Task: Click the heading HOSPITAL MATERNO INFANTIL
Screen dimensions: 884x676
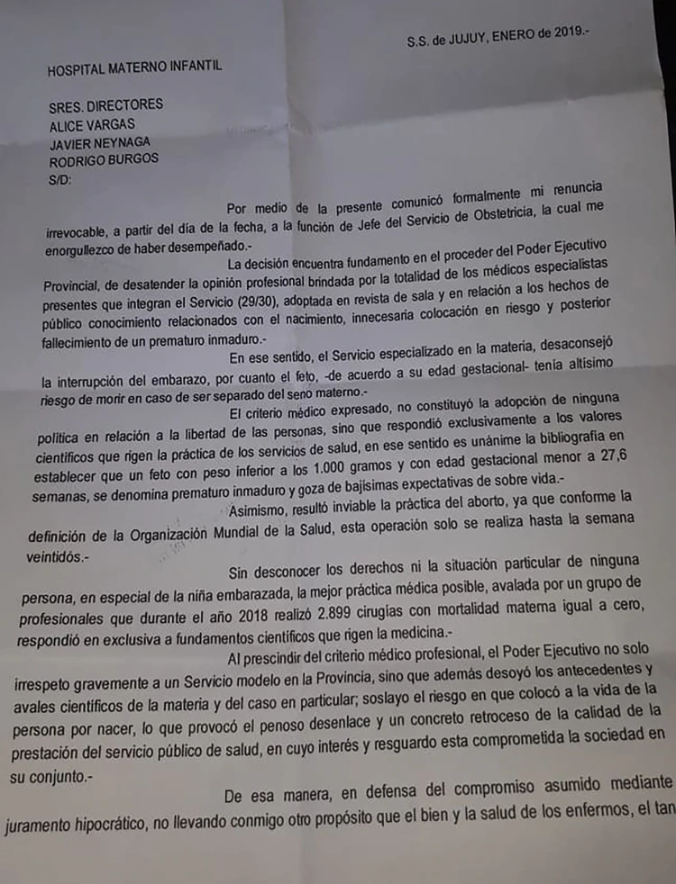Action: click(x=134, y=66)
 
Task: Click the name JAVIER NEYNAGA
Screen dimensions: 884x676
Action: click(x=100, y=141)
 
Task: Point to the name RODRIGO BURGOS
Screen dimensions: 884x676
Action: click(x=105, y=158)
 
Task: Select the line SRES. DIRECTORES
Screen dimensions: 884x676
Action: click(x=106, y=104)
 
